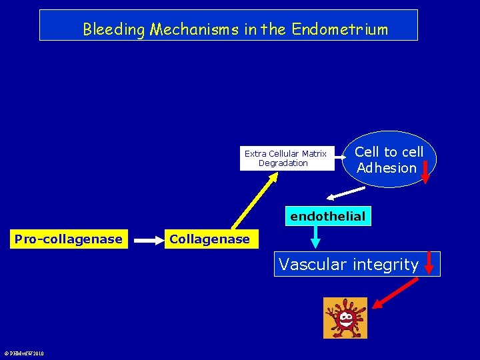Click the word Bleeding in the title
pos(114,29)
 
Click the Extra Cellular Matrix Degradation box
pos(287,159)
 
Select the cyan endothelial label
pos(327,216)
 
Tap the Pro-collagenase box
pos(68,239)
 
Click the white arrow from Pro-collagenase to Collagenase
pos(146,239)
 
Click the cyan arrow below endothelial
pos(315,236)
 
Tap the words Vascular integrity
pos(348,265)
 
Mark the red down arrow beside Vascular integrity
pos(429,263)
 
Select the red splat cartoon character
pos(345,318)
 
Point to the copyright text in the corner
pos(24,353)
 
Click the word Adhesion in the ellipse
pos(386,168)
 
